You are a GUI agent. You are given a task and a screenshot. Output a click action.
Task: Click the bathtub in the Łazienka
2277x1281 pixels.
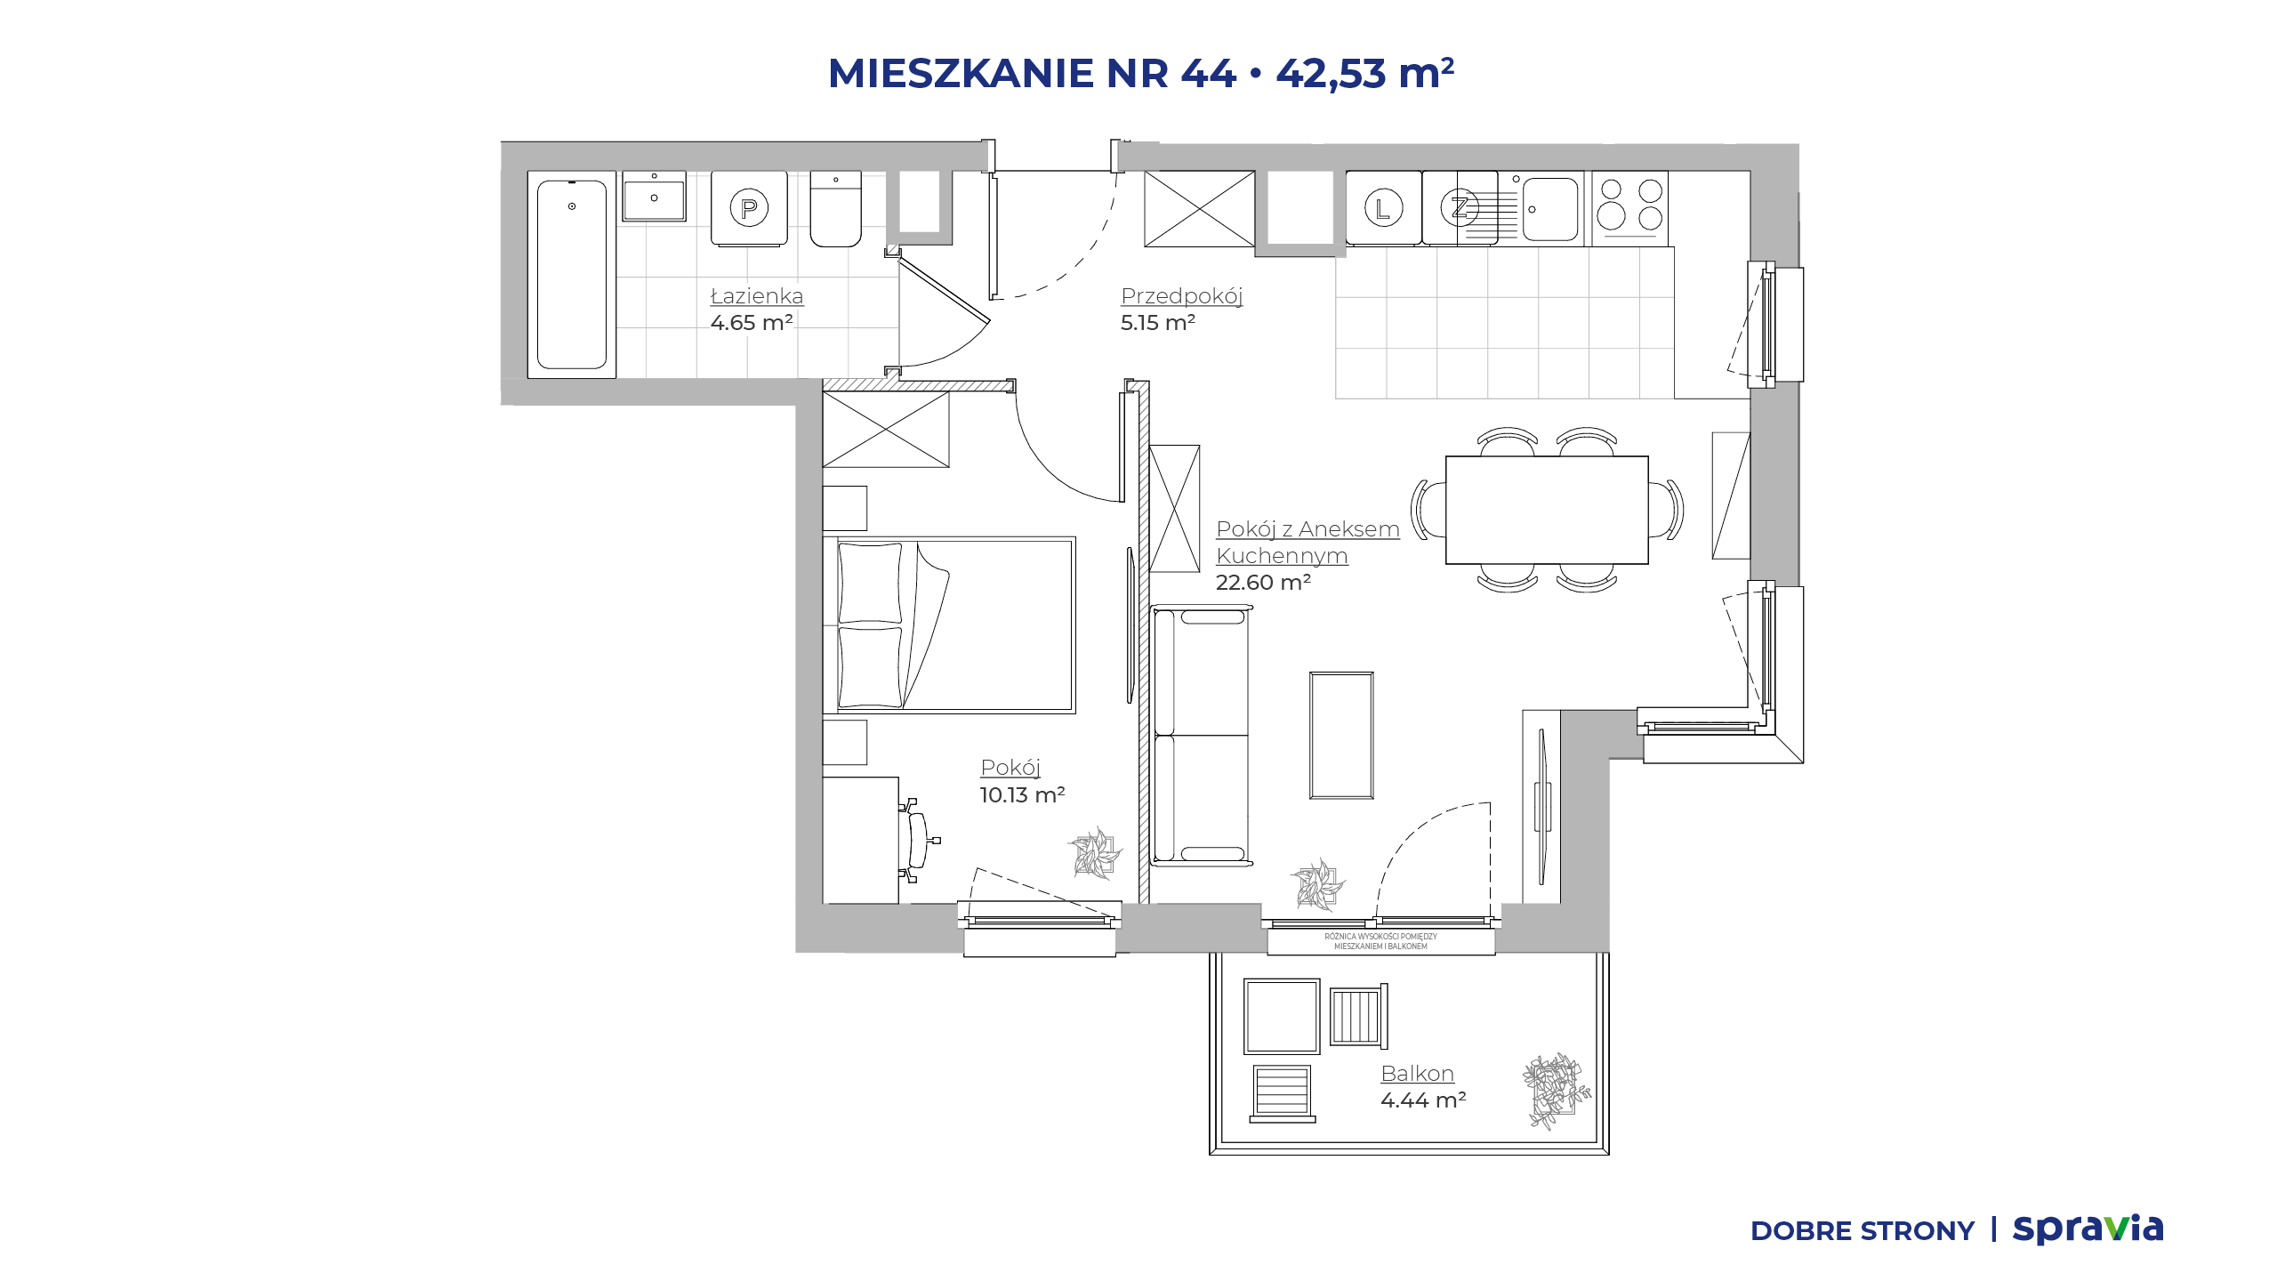[x=571, y=274]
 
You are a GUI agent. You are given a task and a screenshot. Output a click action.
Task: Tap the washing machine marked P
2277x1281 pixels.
[x=749, y=208]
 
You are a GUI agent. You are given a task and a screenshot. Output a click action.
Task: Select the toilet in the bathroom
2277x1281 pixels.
[x=835, y=209]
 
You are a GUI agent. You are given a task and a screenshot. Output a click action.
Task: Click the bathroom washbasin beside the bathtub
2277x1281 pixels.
[x=654, y=197]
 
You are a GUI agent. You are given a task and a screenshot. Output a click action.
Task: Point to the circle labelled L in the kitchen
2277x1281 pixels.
[x=1383, y=208]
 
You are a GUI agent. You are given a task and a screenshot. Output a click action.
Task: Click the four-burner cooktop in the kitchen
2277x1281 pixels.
[x=1629, y=208]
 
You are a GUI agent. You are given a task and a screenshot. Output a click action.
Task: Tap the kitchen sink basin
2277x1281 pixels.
[x=1550, y=209]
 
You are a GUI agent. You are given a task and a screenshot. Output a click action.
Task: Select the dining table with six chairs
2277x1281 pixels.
[x=1547, y=510]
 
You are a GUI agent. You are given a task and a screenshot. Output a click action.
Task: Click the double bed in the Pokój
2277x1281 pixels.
[x=949, y=624]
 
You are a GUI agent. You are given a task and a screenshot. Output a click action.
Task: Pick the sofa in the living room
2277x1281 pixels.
[x=1201, y=736]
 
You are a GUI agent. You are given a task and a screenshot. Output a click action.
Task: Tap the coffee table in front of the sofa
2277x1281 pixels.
[x=1341, y=736]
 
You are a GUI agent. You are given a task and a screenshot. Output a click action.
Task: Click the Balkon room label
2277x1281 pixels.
[x=1417, y=1074]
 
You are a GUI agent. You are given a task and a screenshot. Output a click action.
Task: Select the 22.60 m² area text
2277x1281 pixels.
[x=1263, y=583]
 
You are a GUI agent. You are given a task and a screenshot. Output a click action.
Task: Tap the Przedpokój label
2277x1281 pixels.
[x=1181, y=296]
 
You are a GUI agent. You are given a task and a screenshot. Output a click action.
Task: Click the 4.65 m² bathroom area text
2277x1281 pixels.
[x=752, y=323]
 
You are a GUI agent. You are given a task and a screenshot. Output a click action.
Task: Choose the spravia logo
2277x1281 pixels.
[x=2088, y=1229]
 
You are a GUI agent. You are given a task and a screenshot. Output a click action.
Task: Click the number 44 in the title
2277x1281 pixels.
[x=1209, y=73]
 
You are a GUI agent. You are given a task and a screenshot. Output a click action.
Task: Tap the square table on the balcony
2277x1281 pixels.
[x=1282, y=1017]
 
